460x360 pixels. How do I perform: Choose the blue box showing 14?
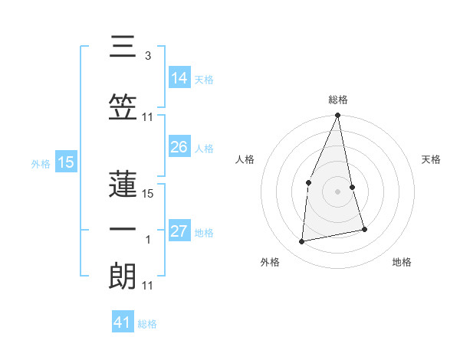[179, 78]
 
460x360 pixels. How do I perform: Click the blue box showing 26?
[179, 147]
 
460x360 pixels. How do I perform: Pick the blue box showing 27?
[179, 231]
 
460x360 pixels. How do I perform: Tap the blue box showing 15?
[65, 162]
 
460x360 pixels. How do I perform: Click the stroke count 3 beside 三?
[147, 57]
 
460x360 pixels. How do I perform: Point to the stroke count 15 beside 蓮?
[149, 194]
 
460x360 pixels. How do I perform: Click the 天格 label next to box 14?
[204, 79]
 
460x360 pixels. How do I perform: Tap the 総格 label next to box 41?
[147, 324]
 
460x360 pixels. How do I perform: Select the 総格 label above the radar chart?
[338, 100]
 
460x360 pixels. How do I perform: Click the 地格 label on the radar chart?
[402, 263]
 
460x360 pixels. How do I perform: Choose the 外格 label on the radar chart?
[270, 263]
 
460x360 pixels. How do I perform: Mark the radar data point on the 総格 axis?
[338, 116]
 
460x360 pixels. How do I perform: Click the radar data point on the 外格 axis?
[302, 241]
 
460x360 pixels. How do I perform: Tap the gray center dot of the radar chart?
[338, 191]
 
